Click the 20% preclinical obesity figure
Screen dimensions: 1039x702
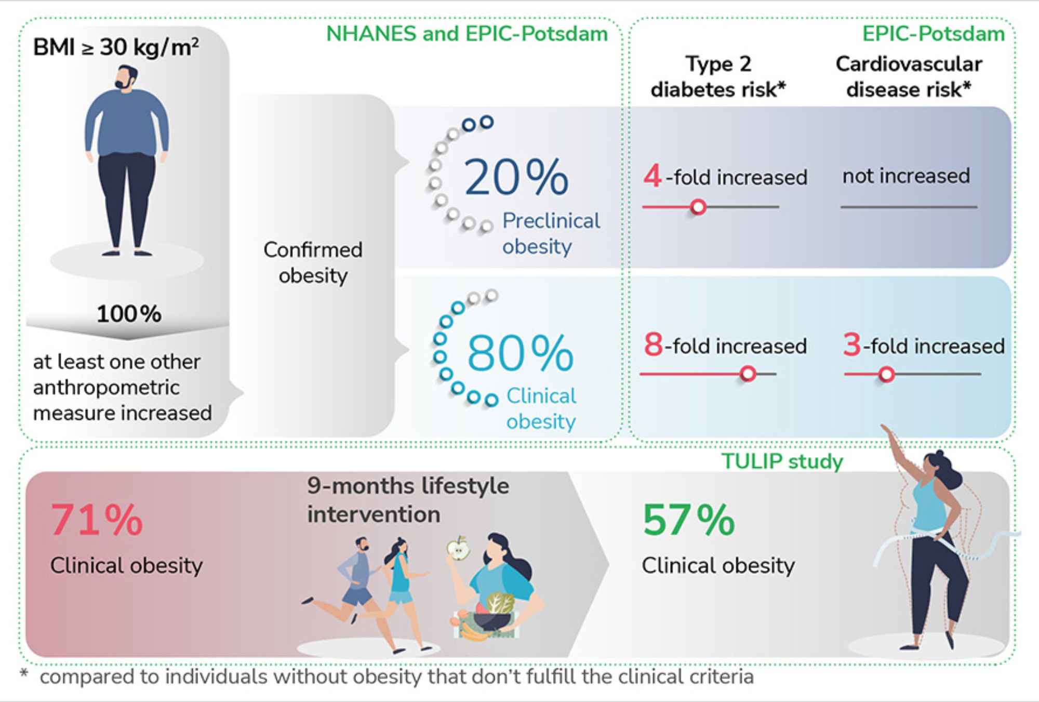pos(516,177)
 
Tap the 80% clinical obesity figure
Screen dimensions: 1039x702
pos(521,353)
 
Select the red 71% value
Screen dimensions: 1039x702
pos(97,520)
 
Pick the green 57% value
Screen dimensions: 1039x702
pos(689,520)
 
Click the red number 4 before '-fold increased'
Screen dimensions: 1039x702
pos(652,175)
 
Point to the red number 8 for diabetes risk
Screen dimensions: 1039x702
pos(654,344)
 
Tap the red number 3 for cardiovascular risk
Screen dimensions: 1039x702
pos(852,344)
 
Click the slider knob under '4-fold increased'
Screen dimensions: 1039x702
pos(698,207)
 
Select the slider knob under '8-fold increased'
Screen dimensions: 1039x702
pos(748,373)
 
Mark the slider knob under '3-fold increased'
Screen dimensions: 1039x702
pos(886,374)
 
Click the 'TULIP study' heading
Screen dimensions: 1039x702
pos(782,461)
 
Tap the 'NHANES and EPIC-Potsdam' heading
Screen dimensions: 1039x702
pos(467,34)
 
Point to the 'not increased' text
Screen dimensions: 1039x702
pos(906,176)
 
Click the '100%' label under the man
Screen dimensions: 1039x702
pos(129,313)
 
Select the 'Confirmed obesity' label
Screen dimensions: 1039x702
pos(313,262)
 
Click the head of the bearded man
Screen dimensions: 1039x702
pos(126,78)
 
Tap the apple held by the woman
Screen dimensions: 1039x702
pos(458,549)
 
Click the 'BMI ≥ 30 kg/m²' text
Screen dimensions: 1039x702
pos(116,47)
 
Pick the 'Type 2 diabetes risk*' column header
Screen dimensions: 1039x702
pos(718,76)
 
